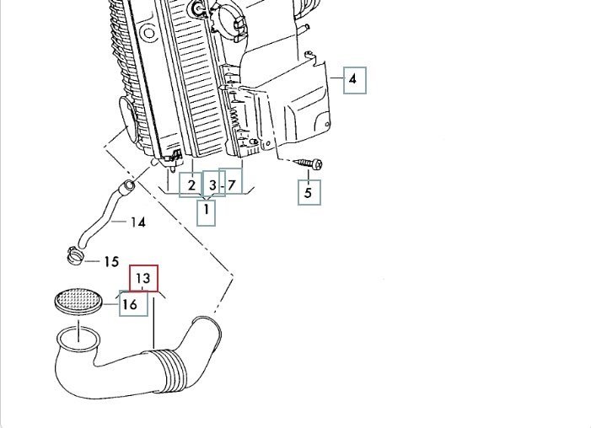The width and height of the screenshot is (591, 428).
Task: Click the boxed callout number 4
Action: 353,80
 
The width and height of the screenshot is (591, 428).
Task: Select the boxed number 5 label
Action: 308,193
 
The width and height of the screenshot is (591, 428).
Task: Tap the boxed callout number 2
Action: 191,185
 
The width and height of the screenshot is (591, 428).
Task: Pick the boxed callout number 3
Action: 212,185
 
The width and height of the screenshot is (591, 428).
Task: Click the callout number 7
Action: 232,184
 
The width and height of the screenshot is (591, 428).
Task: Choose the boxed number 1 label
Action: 206,212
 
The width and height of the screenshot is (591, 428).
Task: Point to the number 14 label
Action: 138,222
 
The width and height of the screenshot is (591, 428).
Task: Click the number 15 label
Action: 111,262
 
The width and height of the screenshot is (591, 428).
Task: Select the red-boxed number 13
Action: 142,277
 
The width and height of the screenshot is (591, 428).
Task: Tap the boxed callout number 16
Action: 130,304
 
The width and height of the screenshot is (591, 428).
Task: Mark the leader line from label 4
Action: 335,79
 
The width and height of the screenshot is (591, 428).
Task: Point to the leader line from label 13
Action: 153,320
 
